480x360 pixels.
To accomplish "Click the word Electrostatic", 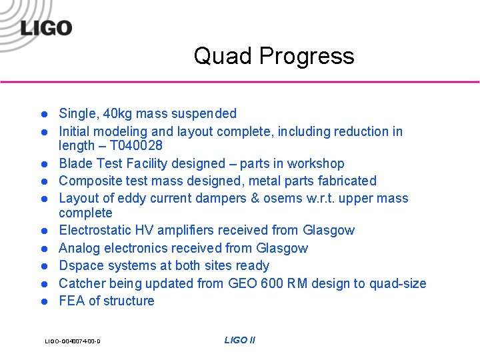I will pos(97,230).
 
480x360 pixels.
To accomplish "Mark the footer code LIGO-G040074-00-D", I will pos(73,341).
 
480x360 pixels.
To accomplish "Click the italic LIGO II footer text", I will pos(239,340).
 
